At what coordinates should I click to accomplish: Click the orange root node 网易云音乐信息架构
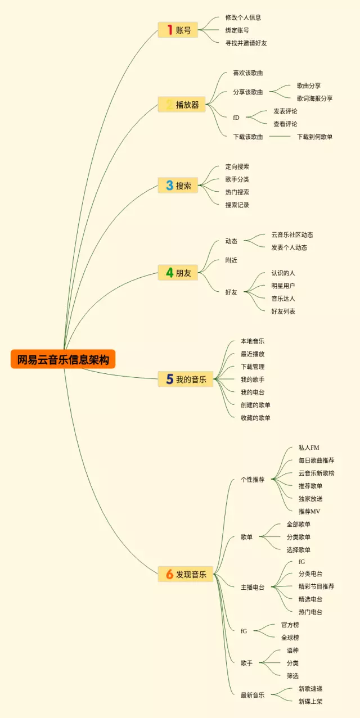tap(63, 359)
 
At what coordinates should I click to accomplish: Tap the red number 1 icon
tap(169, 30)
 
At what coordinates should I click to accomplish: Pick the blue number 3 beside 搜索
tap(169, 185)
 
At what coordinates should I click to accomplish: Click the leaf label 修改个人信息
tap(243, 17)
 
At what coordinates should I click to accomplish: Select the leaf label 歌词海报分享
tap(314, 98)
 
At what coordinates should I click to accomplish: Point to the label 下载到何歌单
tap(314, 137)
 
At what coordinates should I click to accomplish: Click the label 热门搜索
tap(237, 192)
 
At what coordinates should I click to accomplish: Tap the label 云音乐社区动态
tap(292, 235)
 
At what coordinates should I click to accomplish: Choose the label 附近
tap(231, 260)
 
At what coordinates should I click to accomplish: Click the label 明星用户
tap(283, 286)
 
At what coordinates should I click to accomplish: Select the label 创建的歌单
tap(255, 405)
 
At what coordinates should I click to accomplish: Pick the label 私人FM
tap(309, 448)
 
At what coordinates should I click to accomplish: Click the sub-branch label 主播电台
tap(252, 587)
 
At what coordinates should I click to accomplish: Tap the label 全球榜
tap(290, 638)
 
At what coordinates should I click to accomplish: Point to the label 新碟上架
tap(310, 701)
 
